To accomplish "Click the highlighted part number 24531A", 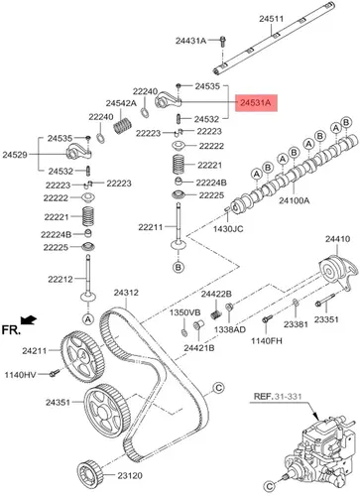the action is (x=256, y=103).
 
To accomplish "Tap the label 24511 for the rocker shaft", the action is (x=271, y=19).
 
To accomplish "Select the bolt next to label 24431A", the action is (x=222, y=42).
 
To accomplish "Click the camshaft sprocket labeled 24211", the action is (x=82, y=356).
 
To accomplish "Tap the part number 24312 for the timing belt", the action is (x=126, y=293).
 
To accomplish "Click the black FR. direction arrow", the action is (x=29, y=319).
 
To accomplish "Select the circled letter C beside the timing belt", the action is (x=218, y=387).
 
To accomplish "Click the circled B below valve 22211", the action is (x=179, y=267).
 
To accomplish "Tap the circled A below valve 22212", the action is (x=88, y=319).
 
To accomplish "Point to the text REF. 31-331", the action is (x=278, y=396).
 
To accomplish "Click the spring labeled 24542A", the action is (x=123, y=126).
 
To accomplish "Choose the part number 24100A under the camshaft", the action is (x=295, y=200).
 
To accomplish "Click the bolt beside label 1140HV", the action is (x=55, y=373).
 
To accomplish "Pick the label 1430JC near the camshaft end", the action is (x=228, y=228).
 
